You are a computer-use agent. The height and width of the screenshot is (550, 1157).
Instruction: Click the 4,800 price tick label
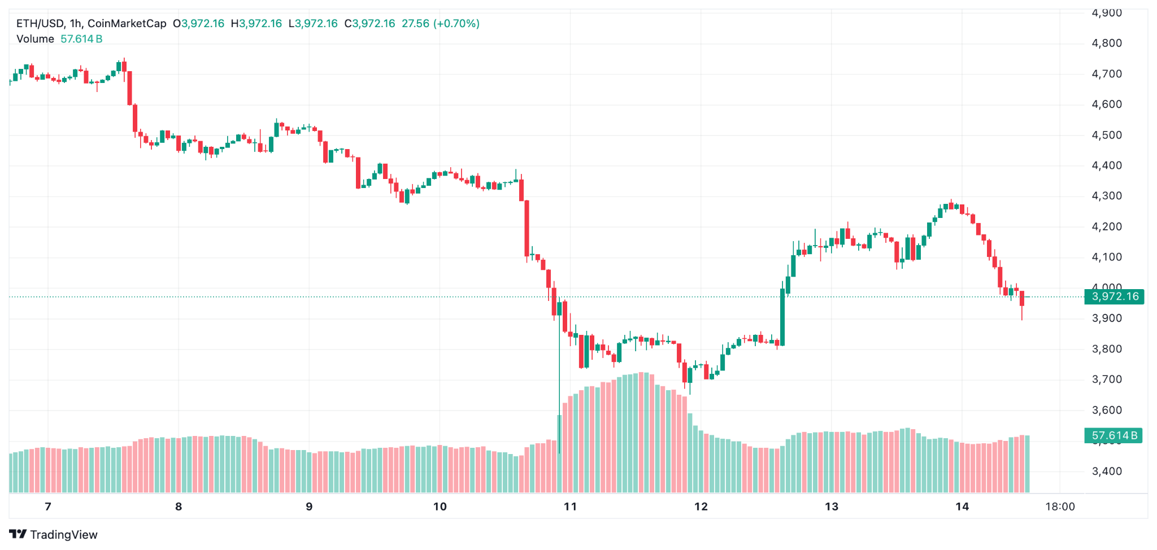(1107, 43)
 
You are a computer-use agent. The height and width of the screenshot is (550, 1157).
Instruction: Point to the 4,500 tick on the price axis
(1107, 135)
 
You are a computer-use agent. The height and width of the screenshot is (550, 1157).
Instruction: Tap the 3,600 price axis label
(1107, 410)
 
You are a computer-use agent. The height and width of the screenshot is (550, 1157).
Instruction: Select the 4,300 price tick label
(1107, 196)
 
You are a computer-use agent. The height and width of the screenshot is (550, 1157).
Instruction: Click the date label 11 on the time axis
(570, 507)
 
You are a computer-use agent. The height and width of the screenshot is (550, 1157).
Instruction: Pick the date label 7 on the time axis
(48, 507)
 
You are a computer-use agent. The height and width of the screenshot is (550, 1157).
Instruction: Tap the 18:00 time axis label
(1060, 507)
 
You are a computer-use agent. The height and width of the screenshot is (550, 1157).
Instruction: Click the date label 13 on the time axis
(832, 507)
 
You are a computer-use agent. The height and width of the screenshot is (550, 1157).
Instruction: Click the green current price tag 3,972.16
(1115, 296)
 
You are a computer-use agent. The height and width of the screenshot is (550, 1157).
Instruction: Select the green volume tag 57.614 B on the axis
(1113, 435)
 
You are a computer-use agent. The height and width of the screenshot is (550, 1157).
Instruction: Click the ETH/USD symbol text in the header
(40, 24)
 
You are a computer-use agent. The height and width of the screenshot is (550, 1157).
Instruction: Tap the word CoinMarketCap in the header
(127, 24)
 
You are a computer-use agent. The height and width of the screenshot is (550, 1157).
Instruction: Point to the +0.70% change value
(456, 24)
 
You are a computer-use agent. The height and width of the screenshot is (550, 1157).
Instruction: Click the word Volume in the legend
(35, 39)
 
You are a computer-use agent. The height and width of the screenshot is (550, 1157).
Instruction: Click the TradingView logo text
(63, 535)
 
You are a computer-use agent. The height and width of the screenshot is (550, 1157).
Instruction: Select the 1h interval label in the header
(76, 24)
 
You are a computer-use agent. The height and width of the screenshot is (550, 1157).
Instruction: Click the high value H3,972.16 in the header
(256, 24)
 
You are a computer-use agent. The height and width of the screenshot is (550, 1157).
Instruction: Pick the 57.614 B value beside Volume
(81, 39)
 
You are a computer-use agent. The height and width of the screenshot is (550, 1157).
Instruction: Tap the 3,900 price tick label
(1107, 318)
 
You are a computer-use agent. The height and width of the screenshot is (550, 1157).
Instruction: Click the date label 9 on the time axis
(309, 507)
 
